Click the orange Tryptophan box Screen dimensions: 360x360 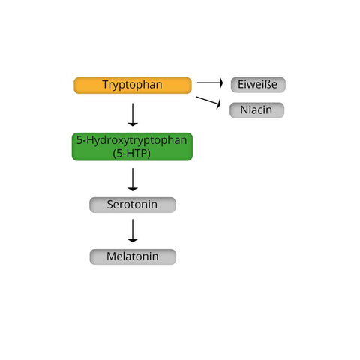coord(133,85)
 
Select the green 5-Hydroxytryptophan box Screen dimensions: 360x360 coord(132,147)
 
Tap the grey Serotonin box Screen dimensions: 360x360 coord(133,205)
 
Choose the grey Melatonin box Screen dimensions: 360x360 coord(133,256)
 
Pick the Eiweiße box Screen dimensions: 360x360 coord(258,85)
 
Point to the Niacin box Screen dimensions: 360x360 coord(256,110)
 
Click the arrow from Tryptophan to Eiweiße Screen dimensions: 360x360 coord(210,82)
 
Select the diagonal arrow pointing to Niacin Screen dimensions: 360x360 coord(208,100)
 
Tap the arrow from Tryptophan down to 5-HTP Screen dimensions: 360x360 coord(133,115)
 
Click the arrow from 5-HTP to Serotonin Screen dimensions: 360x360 coord(133,180)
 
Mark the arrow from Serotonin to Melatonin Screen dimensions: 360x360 coord(133,231)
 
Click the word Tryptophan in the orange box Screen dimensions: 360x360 coord(132,85)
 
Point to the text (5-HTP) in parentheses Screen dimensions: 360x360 coord(132,153)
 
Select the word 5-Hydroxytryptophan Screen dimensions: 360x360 coord(132,140)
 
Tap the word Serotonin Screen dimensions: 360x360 coord(132,205)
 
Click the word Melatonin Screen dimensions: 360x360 coord(133,256)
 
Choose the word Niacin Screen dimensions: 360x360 coord(256,110)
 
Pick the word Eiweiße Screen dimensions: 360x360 coord(257,84)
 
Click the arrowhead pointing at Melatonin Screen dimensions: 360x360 coord(133,241)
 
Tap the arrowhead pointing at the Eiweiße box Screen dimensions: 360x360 coord(221,82)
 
